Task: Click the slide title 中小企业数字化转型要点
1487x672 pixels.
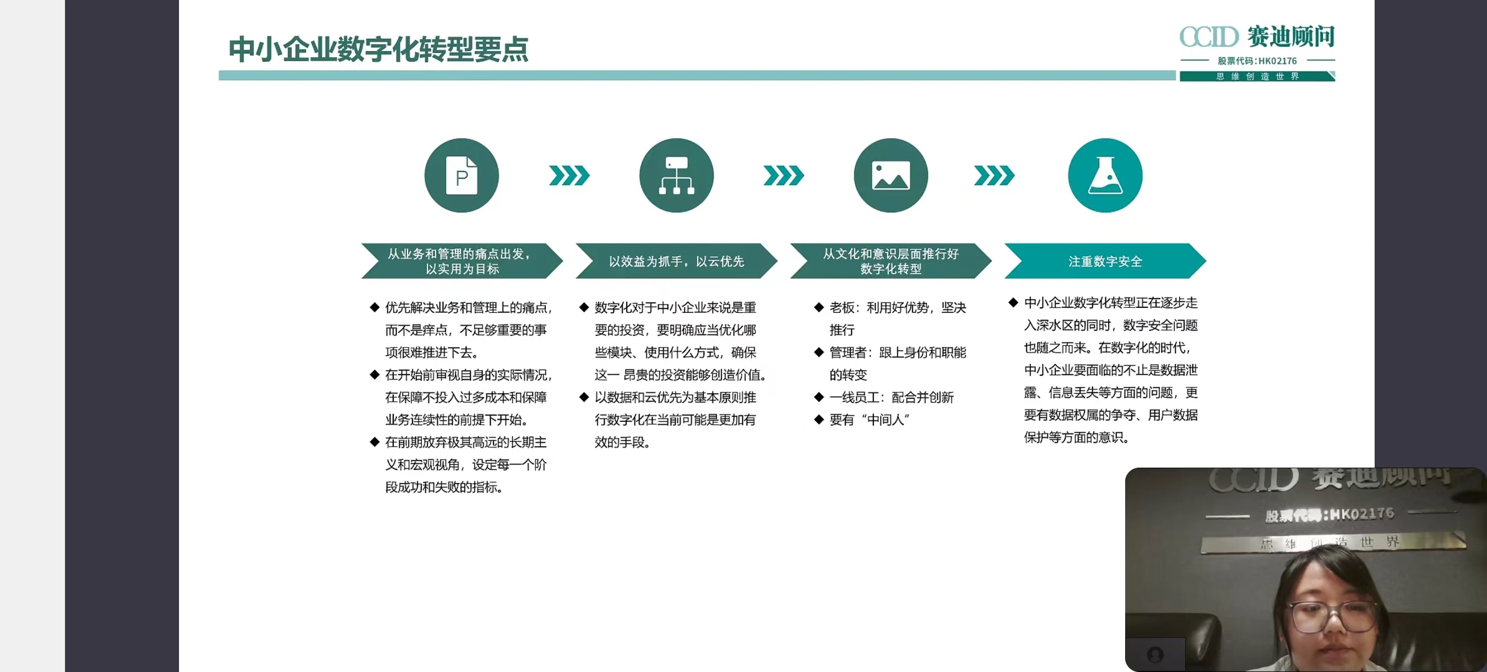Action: click(379, 49)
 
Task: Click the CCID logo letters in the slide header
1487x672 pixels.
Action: click(1209, 37)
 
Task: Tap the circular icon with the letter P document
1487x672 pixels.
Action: click(462, 176)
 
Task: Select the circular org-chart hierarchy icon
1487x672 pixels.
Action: click(676, 176)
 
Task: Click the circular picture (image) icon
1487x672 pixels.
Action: click(891, 176)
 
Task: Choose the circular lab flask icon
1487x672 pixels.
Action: click(1105, 176)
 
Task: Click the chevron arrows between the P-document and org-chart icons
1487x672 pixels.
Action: click(569, 176)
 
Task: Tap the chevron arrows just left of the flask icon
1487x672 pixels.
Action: click(994, 176)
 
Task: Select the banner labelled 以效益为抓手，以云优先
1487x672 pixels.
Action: click(676, 261)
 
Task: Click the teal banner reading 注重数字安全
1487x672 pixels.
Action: click(1105, 261)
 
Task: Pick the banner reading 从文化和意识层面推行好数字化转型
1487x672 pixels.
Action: click(891, 261)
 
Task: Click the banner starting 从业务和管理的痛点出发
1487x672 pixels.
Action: click(462, 261)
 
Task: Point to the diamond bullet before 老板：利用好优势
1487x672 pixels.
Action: click(818, 307)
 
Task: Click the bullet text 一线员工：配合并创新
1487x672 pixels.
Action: click(891, 397)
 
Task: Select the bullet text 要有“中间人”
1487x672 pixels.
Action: click(869, 420)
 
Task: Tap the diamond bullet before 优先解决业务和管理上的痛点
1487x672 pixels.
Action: click(374, 307)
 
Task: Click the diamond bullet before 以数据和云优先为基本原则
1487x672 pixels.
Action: click(584, 397)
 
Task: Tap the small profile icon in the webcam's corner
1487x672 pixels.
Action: click(1155, 654)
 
